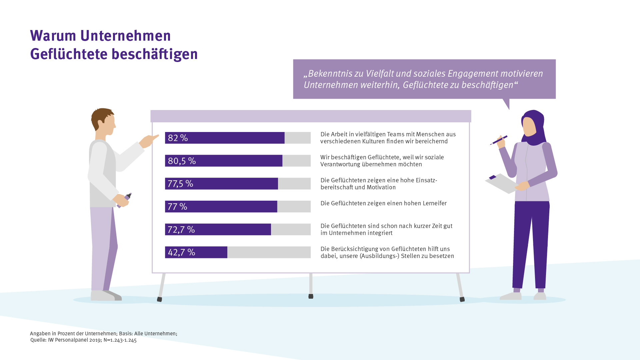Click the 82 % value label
(x=178, y=138)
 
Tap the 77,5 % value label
(x=180, y=184)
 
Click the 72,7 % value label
(x=181, y=230)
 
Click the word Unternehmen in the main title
(x=125, y=36)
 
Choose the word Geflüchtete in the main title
(x=69, y=54)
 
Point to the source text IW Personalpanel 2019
(x=75, y=340)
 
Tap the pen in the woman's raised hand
(x=499, y=140)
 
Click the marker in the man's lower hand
(x=125, y=200)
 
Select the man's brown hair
(x=100, y=117)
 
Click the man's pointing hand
(x=148, y=141)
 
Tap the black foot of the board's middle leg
(x=311, y=296)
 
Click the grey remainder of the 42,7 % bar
(x=269, y=252)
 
